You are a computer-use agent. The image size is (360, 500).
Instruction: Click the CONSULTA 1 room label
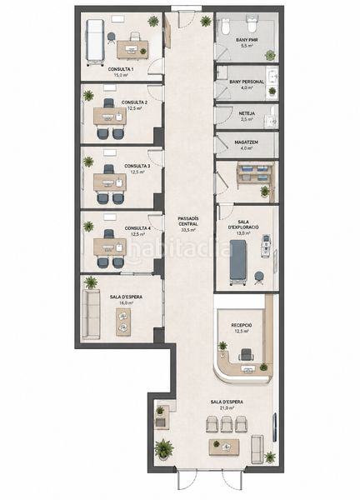point(121,69)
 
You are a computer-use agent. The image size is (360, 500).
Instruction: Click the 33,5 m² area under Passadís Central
point(188,230)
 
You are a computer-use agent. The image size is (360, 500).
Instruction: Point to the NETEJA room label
point(247,113)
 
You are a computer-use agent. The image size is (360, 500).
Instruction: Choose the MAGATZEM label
point(247,142)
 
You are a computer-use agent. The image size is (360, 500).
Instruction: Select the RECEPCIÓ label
point(242,325)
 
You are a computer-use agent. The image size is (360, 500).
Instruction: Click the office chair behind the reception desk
point(246,355)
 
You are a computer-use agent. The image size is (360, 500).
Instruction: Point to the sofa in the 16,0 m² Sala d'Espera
point(91,314)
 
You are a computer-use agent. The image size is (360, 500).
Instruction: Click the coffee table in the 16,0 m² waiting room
point(123,322)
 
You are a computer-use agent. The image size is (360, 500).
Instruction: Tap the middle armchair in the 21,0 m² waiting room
point(227,424)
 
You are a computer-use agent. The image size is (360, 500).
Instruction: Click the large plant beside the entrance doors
point(164,449)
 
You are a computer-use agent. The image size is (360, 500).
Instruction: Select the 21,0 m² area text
point(227,407)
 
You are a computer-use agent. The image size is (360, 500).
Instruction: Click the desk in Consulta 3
point(110,182)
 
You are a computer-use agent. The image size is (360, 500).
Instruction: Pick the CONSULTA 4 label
point(137,228)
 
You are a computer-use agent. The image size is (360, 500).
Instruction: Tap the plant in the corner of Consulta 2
point(88,95)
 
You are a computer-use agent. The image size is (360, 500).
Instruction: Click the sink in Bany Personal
point(272,77)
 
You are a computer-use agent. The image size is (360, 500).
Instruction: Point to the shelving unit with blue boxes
point(255,173)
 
